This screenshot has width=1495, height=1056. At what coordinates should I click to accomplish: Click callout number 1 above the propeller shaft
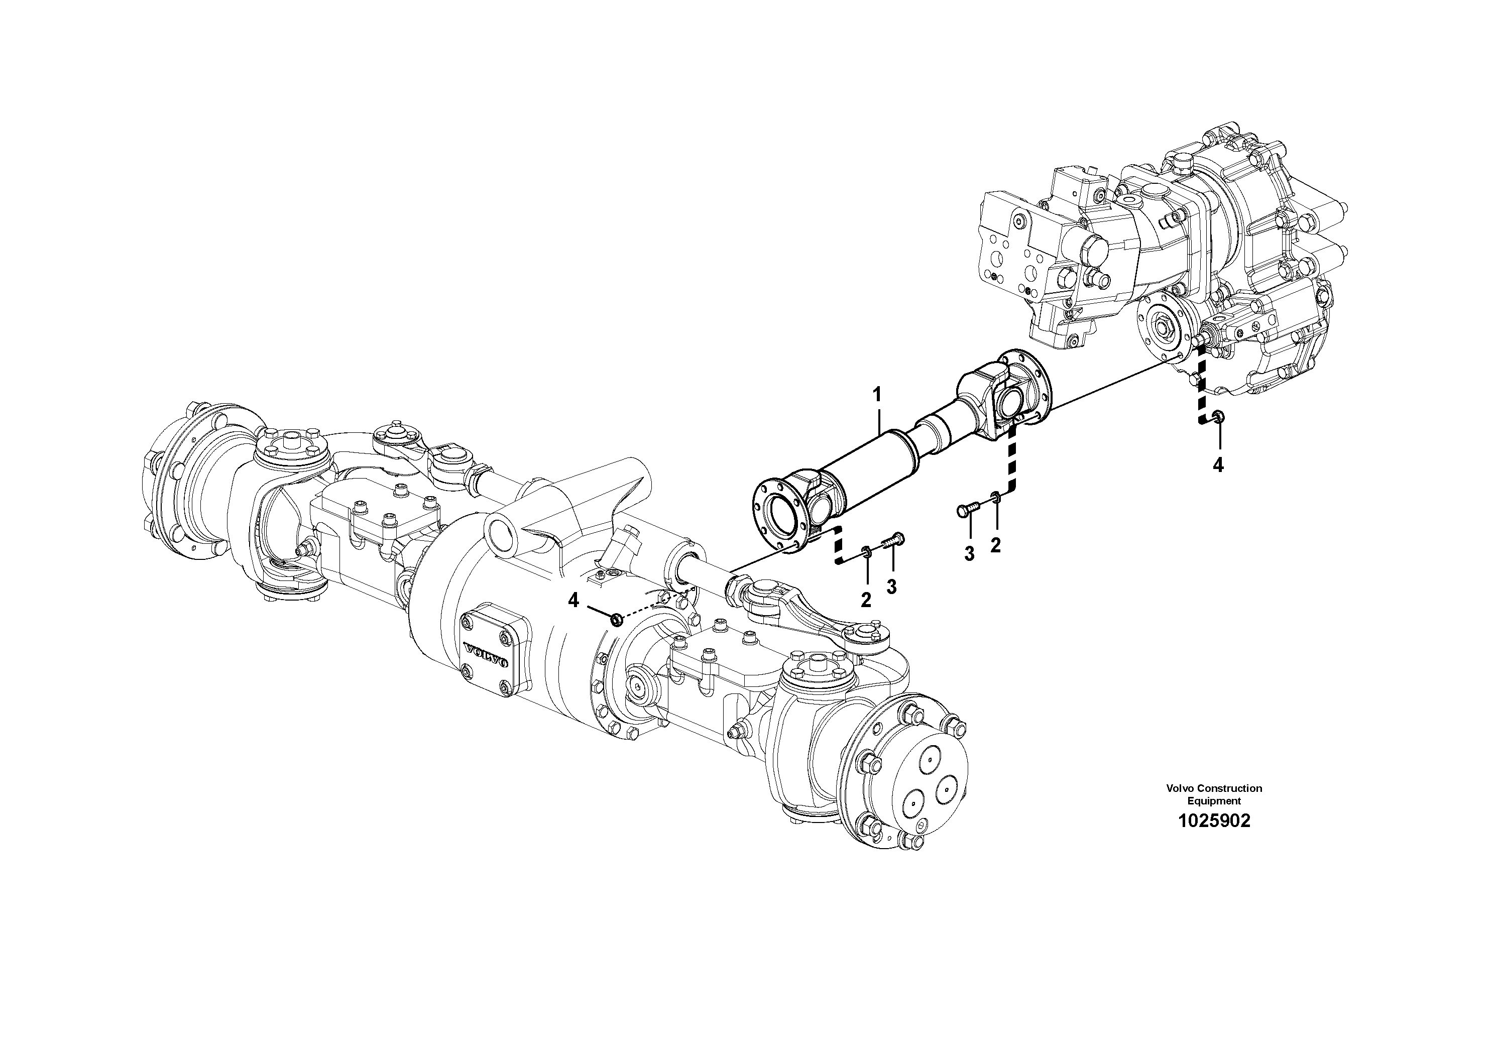point(877,395)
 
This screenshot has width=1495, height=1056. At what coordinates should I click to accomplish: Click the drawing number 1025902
point(1214,821)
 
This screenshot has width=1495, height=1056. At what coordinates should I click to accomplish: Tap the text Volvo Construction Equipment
point(1214,794)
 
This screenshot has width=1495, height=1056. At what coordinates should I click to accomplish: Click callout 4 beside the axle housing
point(573,600)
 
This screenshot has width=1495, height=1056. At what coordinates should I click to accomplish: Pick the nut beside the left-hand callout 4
point(616,620)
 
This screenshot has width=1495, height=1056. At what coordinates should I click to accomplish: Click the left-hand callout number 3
point(891,586)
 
